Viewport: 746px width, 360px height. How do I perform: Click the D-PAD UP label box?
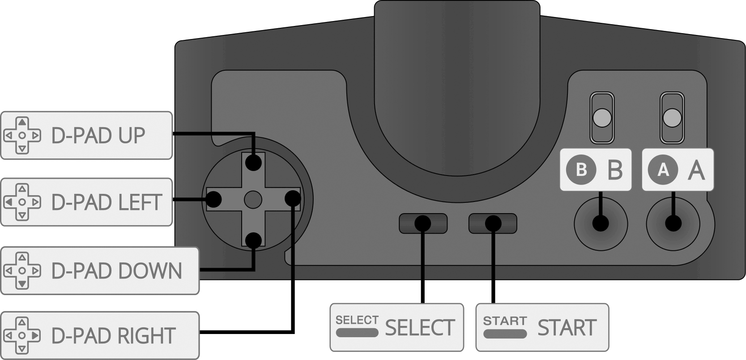tap(86, 135)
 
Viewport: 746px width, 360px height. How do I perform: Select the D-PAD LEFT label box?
tap(86, 202)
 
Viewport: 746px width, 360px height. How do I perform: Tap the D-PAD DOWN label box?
tap(100, 270)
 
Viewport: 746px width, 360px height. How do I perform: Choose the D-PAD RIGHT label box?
tap(100, 335)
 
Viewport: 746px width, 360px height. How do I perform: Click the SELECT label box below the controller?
tap(396, 327)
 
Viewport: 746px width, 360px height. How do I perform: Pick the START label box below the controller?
tap(542, 327)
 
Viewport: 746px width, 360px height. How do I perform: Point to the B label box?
tap(596, 170)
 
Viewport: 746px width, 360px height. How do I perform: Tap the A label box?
tap(678, 170)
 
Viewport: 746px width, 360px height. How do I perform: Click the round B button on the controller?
tap(601, 223)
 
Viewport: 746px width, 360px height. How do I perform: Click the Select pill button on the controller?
tap(423, 223)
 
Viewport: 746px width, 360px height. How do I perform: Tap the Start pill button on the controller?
tap(493, 223)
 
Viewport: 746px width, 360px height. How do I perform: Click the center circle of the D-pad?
tap(253, 199)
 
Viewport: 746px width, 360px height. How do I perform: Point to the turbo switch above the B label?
tap(601, 118)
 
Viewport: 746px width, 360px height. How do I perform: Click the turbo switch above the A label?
tap(672, 118)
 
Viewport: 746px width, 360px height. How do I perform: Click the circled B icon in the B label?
tap(581, 170)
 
